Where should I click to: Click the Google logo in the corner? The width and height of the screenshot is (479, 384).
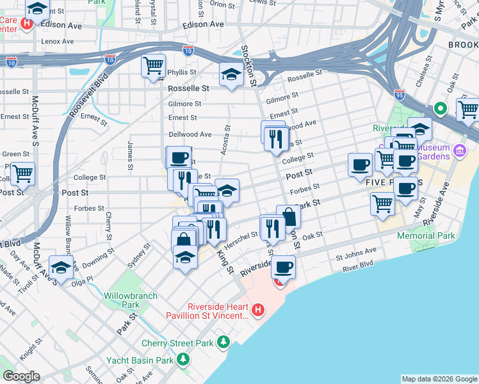[x=21, y=376]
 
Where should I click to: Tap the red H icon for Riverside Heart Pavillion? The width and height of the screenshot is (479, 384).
[x=258, y=310]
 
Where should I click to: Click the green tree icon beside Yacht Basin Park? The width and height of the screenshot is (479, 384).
[x=184, y=360]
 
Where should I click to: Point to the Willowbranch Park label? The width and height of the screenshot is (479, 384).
[x=122, y=301]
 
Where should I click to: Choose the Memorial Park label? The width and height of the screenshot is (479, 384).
[x=426, y=236]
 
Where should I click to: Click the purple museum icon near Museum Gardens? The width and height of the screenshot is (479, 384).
[x=459, y=151]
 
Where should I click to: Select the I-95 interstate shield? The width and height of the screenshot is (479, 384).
[x=400, y=93]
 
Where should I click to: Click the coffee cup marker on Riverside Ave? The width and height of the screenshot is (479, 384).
[x=283, y=266]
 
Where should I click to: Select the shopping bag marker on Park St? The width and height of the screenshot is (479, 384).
[x=289, y=217]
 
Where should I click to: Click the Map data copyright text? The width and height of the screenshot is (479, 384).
[x=438, y=379]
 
